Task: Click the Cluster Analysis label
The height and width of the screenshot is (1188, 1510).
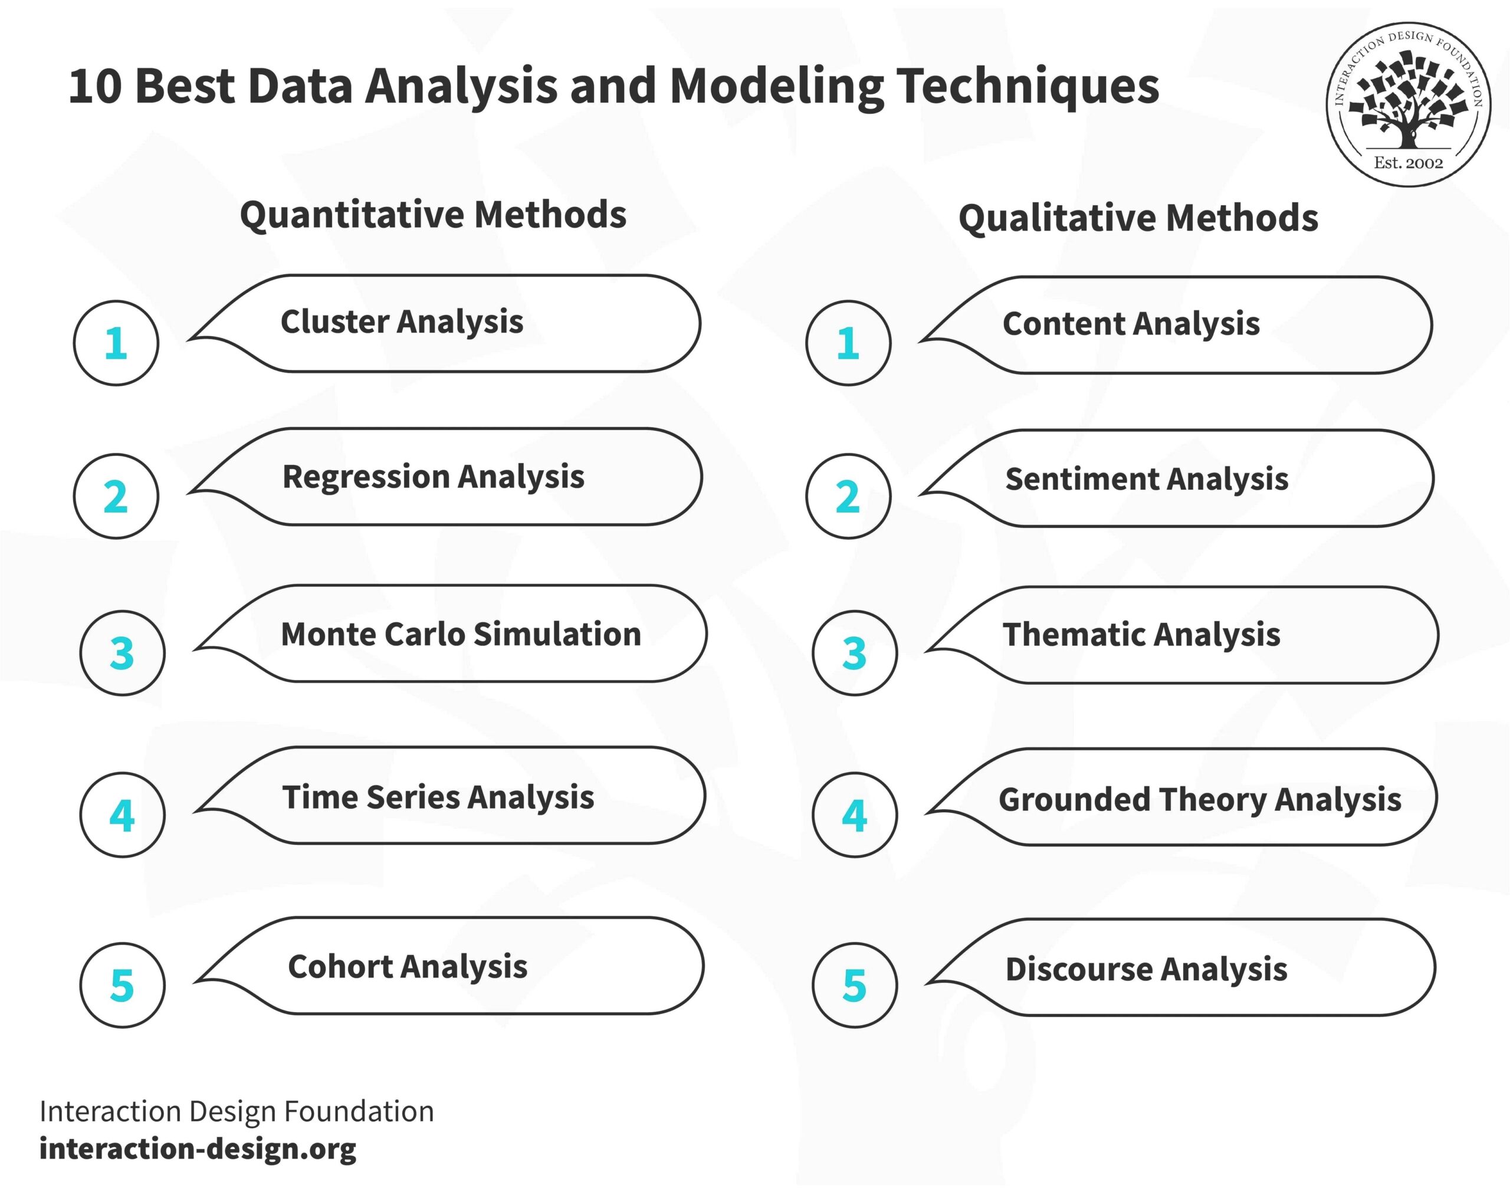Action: [x=401, y=322]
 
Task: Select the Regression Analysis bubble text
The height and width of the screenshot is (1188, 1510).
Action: [x=432, y=477]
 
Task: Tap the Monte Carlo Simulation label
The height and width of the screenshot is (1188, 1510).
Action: [x=461, y=634]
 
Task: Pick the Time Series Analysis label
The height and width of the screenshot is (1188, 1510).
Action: [x=438, y=797]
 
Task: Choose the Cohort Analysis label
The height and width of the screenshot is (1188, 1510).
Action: [x=408, y=967]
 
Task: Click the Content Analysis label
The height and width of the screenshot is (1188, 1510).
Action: [x=1130, y=324]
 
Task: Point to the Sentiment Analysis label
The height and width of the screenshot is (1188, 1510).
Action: [x=1146, y=479]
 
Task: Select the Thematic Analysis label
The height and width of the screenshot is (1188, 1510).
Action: [x=1141, y=635]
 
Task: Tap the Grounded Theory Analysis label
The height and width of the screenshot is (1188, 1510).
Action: [x=1199, y=799]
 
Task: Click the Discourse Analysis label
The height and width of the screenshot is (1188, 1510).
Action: [x=1145, y=970]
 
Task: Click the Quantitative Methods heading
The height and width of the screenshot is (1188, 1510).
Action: [x=432, y=214]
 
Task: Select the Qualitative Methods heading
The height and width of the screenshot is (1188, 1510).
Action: [x=1138, y=218]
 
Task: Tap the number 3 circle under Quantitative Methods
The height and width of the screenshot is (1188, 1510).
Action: [x=123, y=653]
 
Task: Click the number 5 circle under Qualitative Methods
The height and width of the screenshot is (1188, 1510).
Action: [x=854, y=985]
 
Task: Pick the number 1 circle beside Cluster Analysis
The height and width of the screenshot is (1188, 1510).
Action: [x=116, y=343]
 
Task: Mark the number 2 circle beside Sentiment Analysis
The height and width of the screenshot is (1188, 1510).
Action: [x=848, y=497]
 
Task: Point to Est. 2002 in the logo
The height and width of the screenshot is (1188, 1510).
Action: [x=1408, y=163]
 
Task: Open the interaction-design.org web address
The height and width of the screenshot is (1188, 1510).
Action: [x=198, y=1148]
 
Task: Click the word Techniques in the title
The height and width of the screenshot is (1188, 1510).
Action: [x=1028, y=86]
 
